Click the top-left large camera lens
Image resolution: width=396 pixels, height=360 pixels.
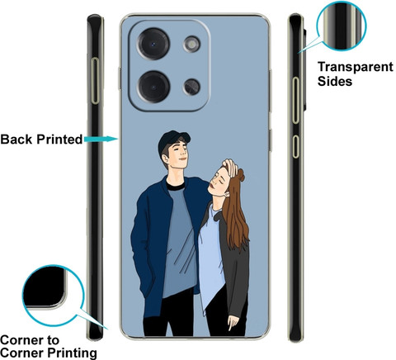coord(153,44)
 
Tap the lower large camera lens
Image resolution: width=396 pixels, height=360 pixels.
coord(153,87)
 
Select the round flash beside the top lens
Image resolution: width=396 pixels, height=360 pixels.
coord(191,44)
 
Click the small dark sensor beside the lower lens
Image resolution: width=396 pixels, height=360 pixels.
coord(192,87)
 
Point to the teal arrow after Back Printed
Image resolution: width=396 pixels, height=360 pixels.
coord(101,139)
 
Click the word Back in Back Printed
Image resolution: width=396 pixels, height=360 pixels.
coord(17,140)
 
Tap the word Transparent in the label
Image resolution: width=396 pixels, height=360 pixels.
coord(356,67)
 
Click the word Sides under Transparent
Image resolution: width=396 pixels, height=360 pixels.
coord(335,81)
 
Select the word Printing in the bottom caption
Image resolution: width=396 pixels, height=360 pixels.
coord(73,353)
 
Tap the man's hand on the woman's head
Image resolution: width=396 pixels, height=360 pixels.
coord(230,168)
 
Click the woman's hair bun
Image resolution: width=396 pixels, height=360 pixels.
coord(241,174)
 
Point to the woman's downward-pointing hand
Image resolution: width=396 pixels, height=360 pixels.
coord(233,322)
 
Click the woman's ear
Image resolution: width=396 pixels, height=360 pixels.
coord(227,195)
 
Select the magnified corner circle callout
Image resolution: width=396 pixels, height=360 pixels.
coord(53,296)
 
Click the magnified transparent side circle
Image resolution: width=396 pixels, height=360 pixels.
coord(342,26)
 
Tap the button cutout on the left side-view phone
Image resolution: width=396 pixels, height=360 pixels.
coord(95,81)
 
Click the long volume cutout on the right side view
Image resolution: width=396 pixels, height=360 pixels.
coord(295,100)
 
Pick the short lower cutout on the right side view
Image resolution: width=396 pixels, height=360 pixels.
coord(295,146)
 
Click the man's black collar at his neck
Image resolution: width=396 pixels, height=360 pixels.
coord(175,186)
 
